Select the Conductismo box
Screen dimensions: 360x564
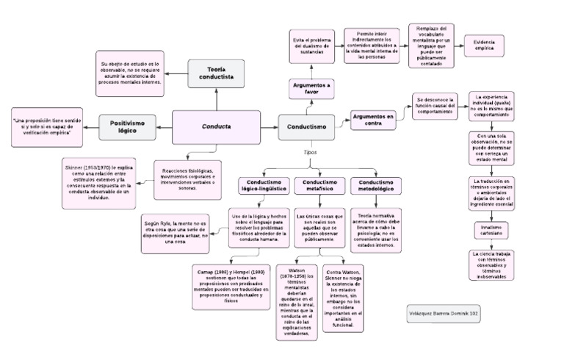(x=306, y=126)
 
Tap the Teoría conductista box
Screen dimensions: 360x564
(x=216, y=72)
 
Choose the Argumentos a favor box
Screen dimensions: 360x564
(x=311, y=88)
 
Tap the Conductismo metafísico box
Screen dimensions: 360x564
(x=319, y=186)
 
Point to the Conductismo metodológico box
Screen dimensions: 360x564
(x=376, y=186)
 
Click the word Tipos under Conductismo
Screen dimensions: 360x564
(x=311, y=152)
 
